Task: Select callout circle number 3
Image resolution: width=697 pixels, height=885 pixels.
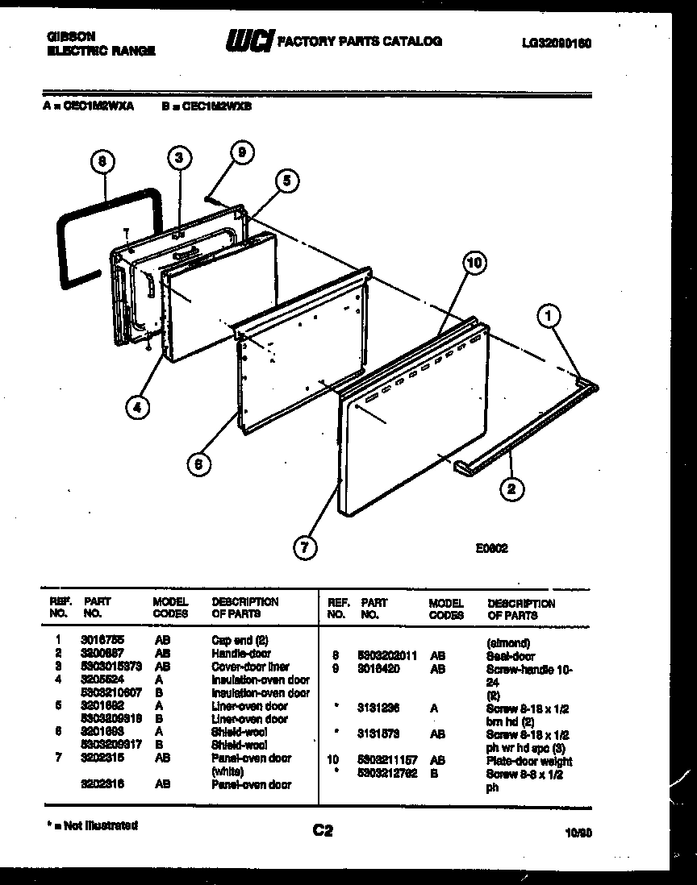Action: tap(180, 158)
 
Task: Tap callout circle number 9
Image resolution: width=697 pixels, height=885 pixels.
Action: tap(240, 152)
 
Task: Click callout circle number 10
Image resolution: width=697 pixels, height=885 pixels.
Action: tap(475, 264)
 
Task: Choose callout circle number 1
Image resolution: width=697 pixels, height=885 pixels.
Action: tap(549, 318)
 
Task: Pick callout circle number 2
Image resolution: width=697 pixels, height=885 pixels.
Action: tap(511, 488)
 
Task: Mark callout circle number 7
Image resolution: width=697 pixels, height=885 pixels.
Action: tap(303, 549)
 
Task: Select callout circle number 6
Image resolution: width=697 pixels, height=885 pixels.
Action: tap(198, 463)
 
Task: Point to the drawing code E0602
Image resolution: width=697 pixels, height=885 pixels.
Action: tap(490, 546)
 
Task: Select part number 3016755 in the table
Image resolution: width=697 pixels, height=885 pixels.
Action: tap(98, 641)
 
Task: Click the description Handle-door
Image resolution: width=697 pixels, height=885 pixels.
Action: tap(240, 654)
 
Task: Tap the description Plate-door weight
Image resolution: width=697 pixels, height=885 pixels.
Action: tap(528, 761)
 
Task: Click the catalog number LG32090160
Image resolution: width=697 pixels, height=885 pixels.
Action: tap(556, 44)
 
